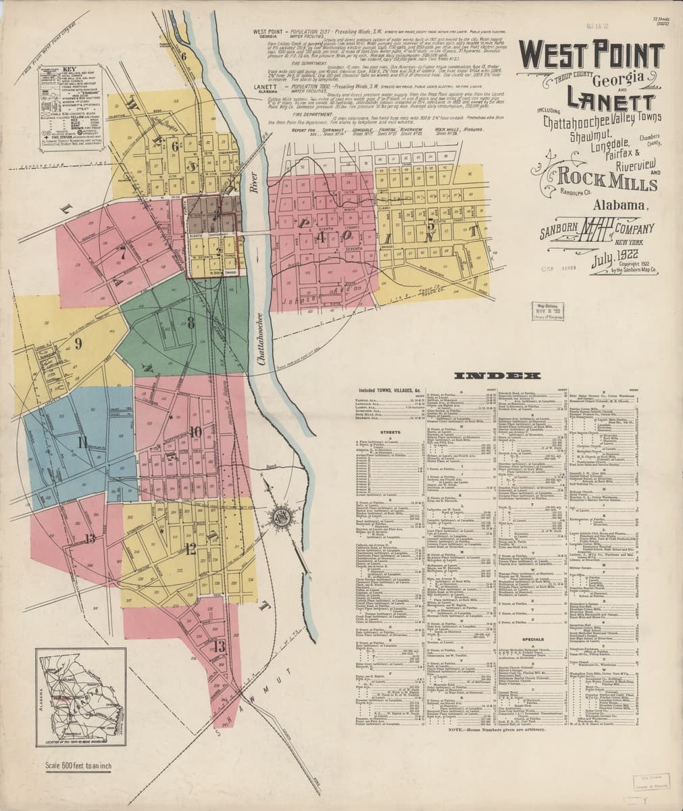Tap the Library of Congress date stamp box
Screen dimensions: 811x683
click(550, 311)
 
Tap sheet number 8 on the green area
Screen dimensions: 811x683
click(191, 322)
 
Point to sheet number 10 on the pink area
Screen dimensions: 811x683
click(195, 431)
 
